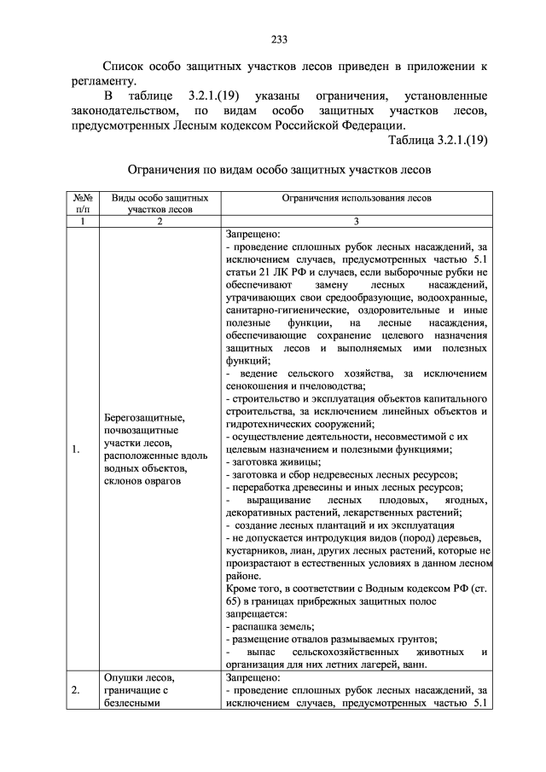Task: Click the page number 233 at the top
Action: (x=273, y=38)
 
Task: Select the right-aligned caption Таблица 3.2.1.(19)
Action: (x=437, y=141)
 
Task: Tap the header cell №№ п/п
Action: (x=81, y=202)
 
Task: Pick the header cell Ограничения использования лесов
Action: (x=357, y=197)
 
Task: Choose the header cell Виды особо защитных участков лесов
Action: (x=159, y=202)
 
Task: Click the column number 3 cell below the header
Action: (x=357, y=220)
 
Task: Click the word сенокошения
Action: (x=260, y=385)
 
